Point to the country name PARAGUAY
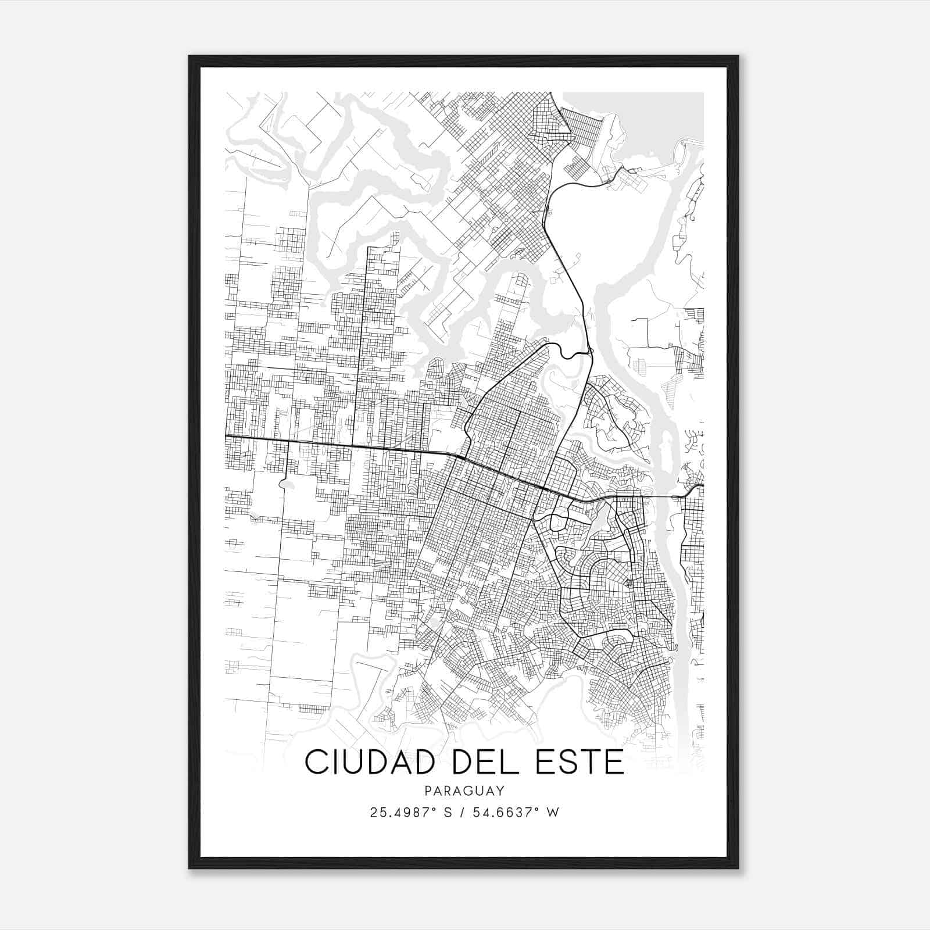pyautogui.click(x=464, y=791)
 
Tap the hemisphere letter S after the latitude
pyautogui.click(x=448, y=813)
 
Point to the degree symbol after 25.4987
pyautogui.click(x=434, y=809)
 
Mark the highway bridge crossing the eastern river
pyautogui.click(x=663, y=498)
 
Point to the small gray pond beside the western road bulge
pyautogui.click(x=285, y=484)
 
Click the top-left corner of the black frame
pyautogui.click(x=190, y=57)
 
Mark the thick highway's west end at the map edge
pyautogui.click(x=226, y=435)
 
